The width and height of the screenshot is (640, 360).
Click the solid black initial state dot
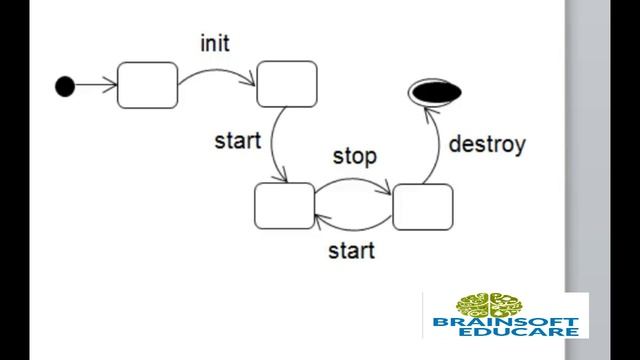pyautogui.click(x=65, y=86)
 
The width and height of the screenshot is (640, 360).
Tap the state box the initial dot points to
pyautogui.click(x=147, y=85)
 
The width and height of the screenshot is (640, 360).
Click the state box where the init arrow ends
pyautogui.click(x=287, y=84)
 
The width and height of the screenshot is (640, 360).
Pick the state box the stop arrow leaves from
pyautogui.click(x=284, y=206)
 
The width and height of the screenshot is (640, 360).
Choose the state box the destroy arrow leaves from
pyautogui.click(x=422, y=206)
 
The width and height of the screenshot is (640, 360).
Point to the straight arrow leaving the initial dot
pyautogui.click(x=96, y=86)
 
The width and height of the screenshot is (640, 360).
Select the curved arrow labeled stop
pyautogui.click(x=353, y=180)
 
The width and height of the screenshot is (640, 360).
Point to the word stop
pyautogui.click(x=354, y=156)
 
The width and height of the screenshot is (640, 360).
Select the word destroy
pyautogui.click(x=487, y=144)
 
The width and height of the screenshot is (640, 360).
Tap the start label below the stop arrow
pyautogui.click(x=352, y=249)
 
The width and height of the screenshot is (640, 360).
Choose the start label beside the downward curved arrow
pyautogui.click(x=237, y=140)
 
